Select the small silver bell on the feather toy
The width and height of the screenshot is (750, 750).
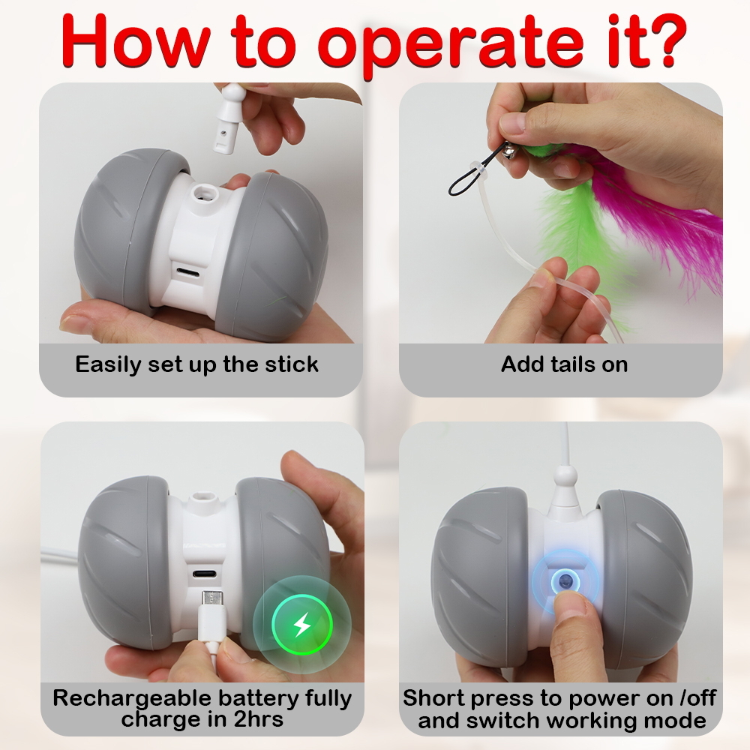point(509,153)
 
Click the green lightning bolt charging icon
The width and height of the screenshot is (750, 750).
point(301,624)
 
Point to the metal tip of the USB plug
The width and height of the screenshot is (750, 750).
point(211,598)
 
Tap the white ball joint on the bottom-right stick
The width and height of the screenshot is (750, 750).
point(565,476)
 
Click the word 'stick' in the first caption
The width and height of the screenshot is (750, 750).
point(292,364)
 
